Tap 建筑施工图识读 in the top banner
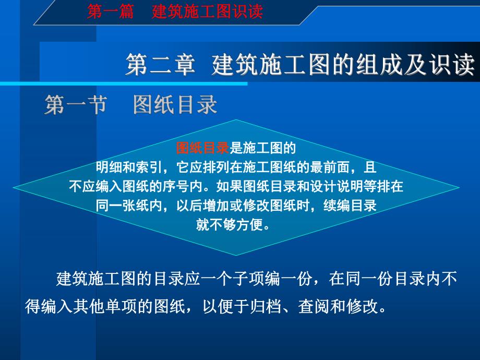coord(207,11)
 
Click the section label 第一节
coord(76,104)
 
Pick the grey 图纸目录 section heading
coord(175,104)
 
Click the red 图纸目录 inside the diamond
coord(202,149)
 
